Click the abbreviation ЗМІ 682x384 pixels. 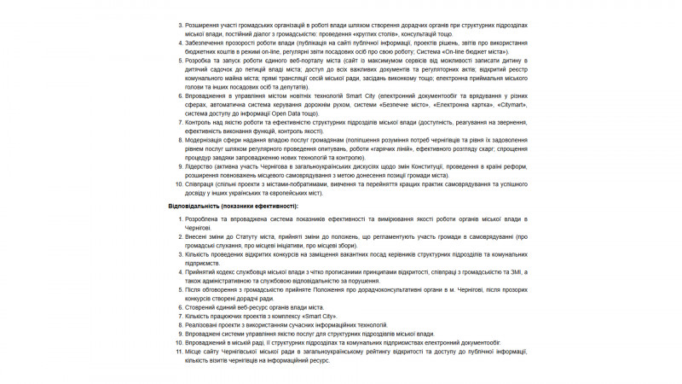511,271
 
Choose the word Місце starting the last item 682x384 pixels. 195,351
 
